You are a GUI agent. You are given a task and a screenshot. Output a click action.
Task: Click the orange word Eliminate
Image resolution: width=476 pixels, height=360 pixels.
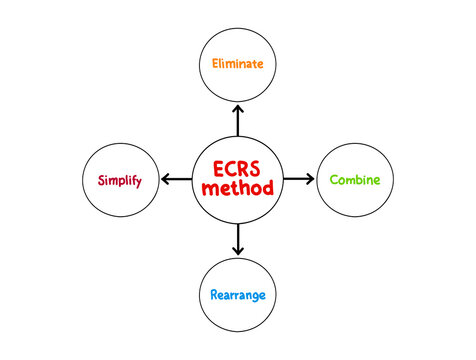pos(238,63)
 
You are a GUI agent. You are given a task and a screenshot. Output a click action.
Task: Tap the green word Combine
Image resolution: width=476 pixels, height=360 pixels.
pos(355,181)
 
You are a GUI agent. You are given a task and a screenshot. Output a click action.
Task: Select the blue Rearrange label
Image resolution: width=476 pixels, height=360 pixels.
pos(238,295)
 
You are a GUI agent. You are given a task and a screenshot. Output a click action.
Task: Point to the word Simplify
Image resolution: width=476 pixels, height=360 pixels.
pos(119,181)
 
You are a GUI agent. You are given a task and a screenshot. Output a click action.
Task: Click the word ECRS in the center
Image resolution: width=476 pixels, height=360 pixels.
pos(238,168)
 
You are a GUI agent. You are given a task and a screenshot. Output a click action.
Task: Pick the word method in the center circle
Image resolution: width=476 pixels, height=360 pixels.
pos(238,187)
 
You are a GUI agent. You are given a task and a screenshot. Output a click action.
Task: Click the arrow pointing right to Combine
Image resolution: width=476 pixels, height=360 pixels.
pos(298,179)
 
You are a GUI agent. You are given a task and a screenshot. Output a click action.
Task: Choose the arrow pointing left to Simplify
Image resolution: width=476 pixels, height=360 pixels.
pos(177,179)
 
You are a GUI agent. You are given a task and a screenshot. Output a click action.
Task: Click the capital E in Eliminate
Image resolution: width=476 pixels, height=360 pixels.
pos(216,63)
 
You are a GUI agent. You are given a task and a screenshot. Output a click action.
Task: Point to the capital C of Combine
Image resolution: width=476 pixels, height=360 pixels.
pos(335,180)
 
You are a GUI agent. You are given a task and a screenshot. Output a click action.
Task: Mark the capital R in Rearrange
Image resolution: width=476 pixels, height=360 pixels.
pos(215,295)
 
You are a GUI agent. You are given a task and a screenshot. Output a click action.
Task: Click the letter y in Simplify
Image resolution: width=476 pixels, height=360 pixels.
pos(138,183)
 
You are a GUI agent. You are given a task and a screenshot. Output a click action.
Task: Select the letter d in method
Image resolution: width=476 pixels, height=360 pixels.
pos(268,187)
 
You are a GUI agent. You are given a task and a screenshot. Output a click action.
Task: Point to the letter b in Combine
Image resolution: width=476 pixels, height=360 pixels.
pos(361,180)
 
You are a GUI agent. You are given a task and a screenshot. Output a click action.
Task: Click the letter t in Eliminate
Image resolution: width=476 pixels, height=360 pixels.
pos(254,63)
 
